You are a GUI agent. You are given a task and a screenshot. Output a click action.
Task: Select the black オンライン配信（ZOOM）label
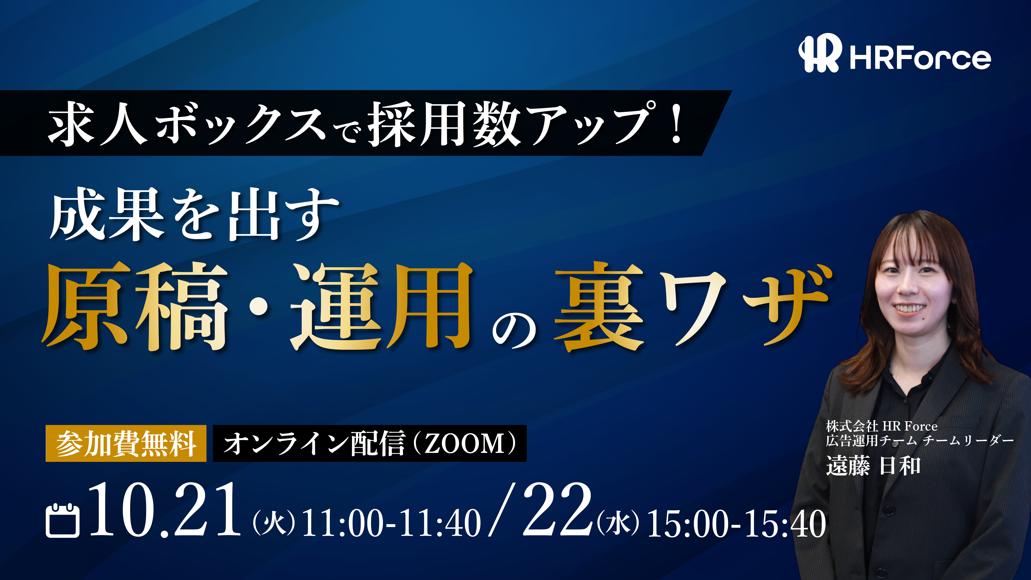369,444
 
